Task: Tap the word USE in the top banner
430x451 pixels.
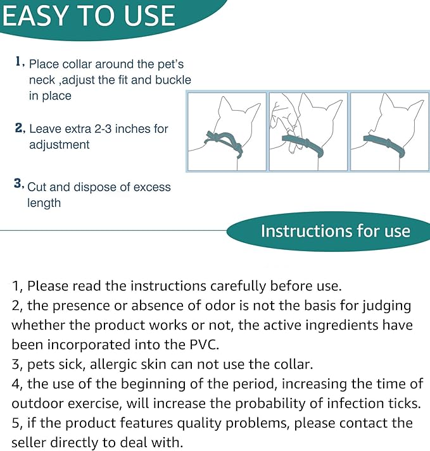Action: tap(149, 16)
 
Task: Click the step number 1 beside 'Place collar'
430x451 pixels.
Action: tap(19, 61)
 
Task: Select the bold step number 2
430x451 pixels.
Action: tap(19, 127)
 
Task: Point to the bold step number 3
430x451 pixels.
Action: tap(18, 183)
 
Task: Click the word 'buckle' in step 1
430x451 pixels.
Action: tap(173, 80)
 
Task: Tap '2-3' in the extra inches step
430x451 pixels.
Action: tap(103, 128)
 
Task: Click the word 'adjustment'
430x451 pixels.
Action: tap(60, 144)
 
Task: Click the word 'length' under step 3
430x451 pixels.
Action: tap(44, 203)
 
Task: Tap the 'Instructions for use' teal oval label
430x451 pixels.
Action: tap(328, 232)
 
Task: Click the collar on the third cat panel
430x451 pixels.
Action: tap(384, 145)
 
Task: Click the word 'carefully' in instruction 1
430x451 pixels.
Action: tap(238, 286)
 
